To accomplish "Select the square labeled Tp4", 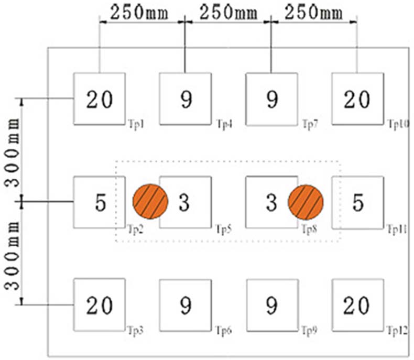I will coord(185,99).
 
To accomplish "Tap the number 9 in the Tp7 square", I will coord(271,99).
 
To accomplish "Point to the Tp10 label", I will coord(398,124).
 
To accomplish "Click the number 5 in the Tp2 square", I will coord(101,202).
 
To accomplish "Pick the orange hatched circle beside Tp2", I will coord(150,202).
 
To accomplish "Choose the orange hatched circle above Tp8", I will coord(306,202).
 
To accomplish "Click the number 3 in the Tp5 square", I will coord(183,202).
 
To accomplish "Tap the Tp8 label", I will coord(310,228).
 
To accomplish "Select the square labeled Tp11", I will coord(358,202).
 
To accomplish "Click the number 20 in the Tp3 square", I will coord(99,305).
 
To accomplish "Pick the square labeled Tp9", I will coord(271,305).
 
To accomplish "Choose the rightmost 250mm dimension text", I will coord(312,12).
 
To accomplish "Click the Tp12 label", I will coord(398,331).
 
